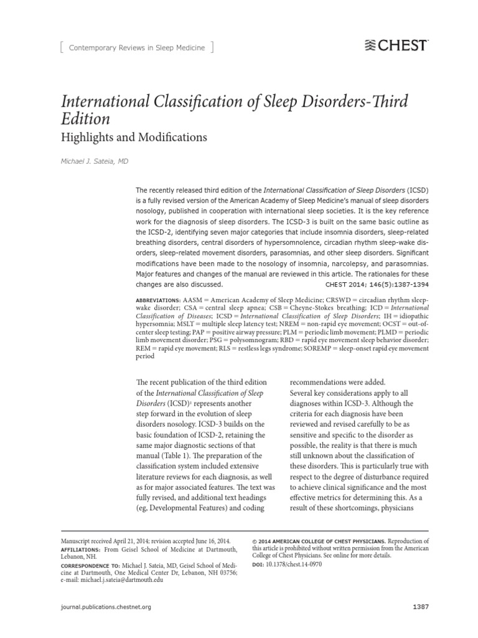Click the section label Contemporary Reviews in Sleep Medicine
130,47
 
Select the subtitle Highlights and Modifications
133,136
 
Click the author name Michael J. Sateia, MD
95,161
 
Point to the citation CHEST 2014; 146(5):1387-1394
377,283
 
